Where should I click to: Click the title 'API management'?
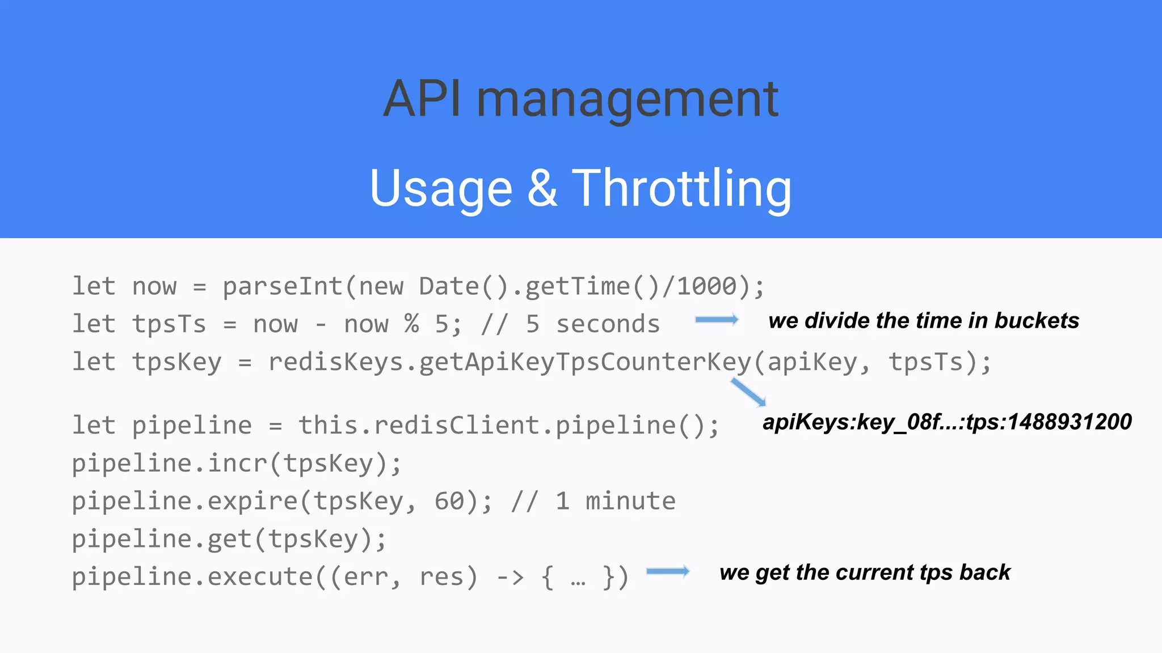point(580,99)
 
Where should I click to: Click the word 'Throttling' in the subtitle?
point(681,188)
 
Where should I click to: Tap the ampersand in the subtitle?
point(542,188)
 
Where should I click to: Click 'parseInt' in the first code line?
point(283,286)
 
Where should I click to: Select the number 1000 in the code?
point(706,286)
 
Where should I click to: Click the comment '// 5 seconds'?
point(570,324)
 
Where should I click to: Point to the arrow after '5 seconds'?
point(717,320)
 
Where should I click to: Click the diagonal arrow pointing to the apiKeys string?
point(748,392)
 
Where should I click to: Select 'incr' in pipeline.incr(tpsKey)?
point(237,464)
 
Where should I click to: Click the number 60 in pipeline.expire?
point(449,502)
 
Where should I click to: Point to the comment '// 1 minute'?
point(593,502)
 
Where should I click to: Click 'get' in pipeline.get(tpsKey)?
point(229,540)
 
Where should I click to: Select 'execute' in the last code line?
point(260,578)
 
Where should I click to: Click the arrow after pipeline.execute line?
point(668,571)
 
